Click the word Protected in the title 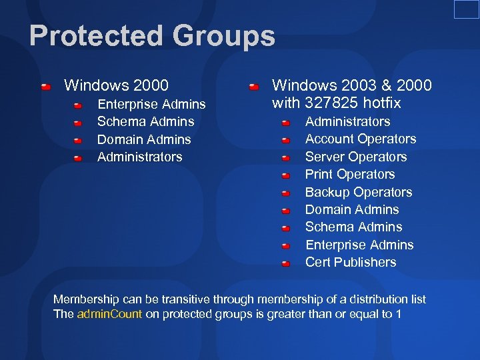(85, 36)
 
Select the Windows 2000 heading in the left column (116, 85)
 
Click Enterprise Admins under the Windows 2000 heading (151, 105)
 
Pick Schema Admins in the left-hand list (145, 122)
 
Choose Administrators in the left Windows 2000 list (139, 157)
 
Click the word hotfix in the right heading (379, 103)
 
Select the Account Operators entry (360, 139)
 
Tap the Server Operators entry (355, 157)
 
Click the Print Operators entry (349, 175)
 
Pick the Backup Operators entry (358, 193)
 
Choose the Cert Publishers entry (350, 263)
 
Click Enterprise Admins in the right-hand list (359, 245)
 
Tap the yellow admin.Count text (109, 314)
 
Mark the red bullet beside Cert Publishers (285, 263)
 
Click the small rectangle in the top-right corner (466, 9)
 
